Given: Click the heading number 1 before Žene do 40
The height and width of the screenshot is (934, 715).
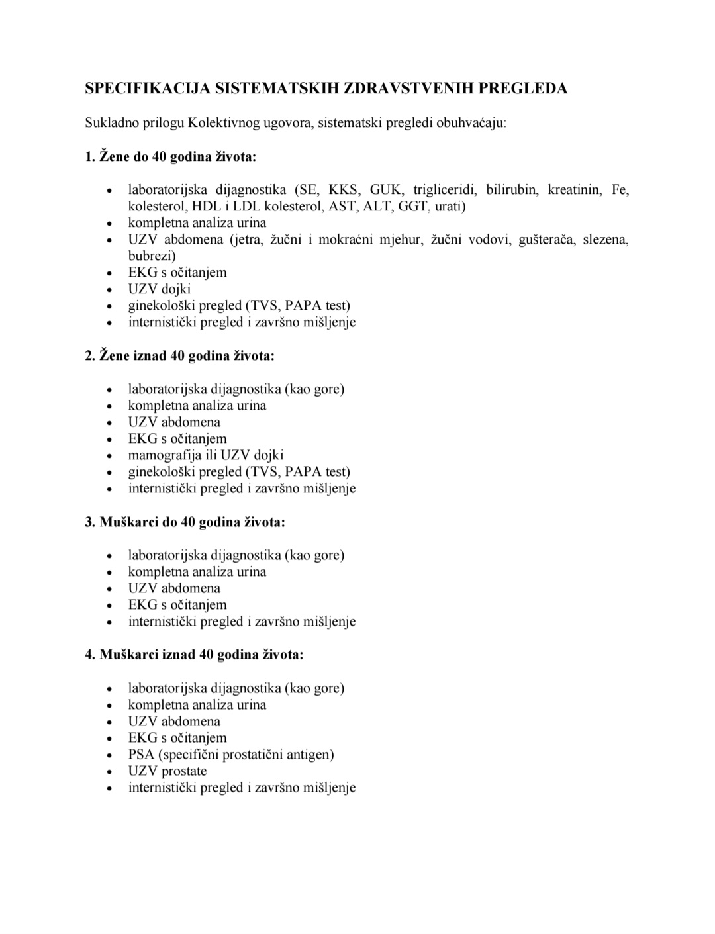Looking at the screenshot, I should [89, 157].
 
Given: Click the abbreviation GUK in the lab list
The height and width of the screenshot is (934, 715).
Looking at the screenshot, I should [385, 190].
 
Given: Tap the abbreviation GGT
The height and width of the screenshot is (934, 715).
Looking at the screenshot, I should [412, 207].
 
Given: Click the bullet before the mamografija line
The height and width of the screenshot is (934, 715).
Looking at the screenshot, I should [111, 456].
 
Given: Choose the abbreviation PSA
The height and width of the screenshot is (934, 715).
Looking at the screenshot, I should [141, 755].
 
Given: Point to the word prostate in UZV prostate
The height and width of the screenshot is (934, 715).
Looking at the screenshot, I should [184, 771].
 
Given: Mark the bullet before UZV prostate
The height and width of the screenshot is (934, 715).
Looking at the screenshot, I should [111, 772].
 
